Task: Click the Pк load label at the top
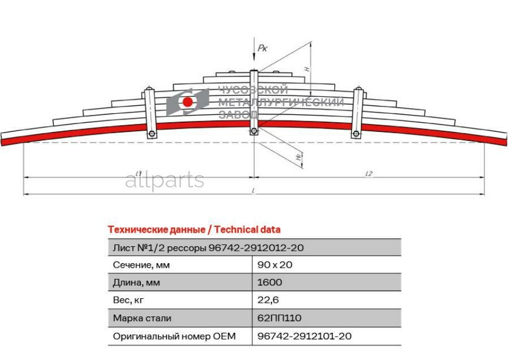point(262,48)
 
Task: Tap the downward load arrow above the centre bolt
point(254,49)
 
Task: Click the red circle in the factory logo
point(188,102)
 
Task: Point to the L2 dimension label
point(369,174)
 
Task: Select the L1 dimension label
point(139,174)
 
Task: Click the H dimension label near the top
point(307,69)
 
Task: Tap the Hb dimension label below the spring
point(298,157)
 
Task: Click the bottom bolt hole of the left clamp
point(152,134)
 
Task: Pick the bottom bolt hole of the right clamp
point(356,134)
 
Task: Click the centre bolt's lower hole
point(254,131)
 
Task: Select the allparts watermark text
point(165,181)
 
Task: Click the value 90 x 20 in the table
point(275,265)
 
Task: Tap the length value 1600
point(269,282)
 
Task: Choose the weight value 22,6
point(268,299)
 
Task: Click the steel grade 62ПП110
point(279,318)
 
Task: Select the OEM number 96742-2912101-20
point(304,336)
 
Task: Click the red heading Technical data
point(247,229)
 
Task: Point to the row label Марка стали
point(142,318)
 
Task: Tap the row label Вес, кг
point(128,300)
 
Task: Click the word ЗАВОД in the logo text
point(239,114)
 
